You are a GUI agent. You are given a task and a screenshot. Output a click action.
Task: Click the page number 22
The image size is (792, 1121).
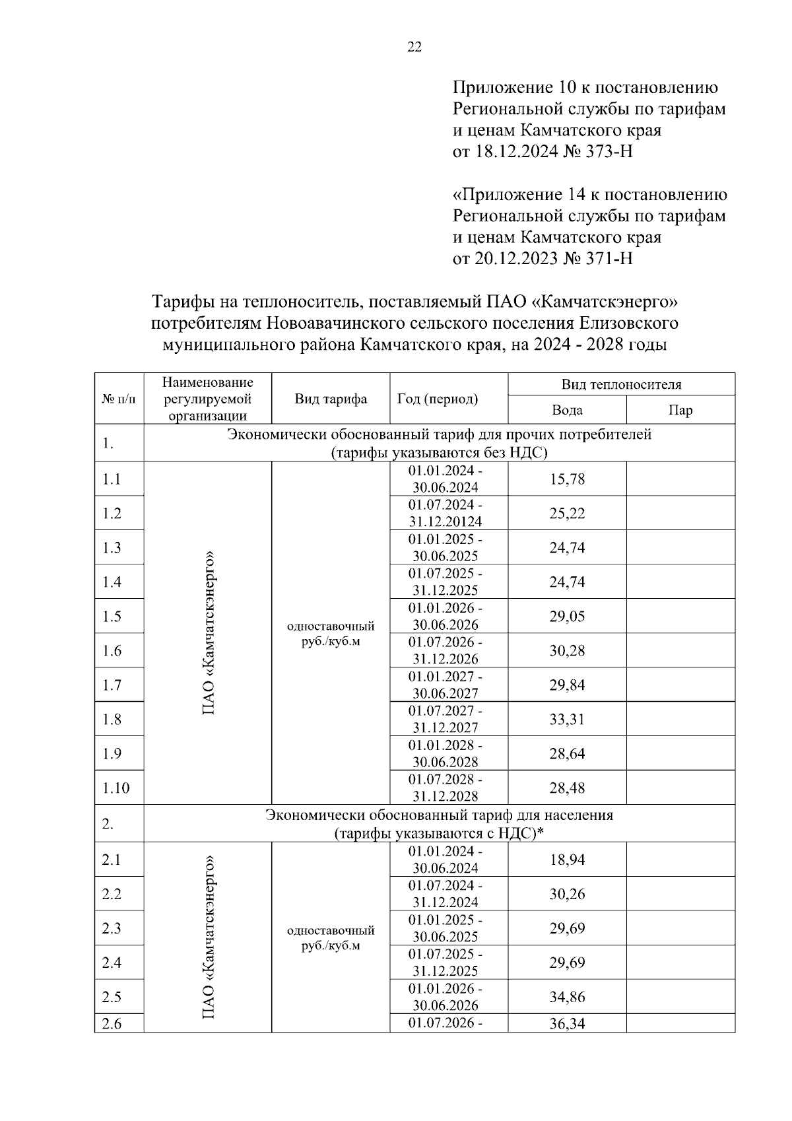(414, 47)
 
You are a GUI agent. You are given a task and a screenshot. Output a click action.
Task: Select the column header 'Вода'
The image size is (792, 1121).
(567, 410)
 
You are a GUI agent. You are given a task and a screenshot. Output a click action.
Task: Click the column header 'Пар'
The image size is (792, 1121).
(680, 410)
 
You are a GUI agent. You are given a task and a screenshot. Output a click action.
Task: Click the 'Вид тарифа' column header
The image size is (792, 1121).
(330, 399)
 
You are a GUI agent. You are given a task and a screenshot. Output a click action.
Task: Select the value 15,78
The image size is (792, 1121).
(567, 479)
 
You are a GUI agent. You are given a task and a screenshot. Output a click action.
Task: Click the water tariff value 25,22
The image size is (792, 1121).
(567, 514)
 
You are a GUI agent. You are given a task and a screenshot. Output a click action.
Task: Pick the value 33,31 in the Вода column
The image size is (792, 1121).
(567, 720)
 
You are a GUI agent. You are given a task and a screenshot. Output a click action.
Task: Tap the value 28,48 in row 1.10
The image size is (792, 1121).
(567, 788)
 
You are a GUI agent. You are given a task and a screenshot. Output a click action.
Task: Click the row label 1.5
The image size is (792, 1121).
(112, 617)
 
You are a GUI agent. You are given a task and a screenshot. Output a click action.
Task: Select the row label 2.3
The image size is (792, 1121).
(112, 929)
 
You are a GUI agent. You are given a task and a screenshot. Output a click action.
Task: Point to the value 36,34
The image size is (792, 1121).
(567, 1024)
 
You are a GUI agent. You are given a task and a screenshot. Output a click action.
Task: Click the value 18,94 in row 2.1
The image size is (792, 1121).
(567, 860)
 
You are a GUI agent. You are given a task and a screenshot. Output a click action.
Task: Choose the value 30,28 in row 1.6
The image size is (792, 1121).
(567, 651)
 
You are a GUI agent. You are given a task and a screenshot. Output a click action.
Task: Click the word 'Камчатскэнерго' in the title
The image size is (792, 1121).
(605, 302)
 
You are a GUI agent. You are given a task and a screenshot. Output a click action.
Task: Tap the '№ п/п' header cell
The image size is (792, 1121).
(119, 399)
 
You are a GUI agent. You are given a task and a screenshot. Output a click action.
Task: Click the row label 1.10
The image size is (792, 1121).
(115, 788)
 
